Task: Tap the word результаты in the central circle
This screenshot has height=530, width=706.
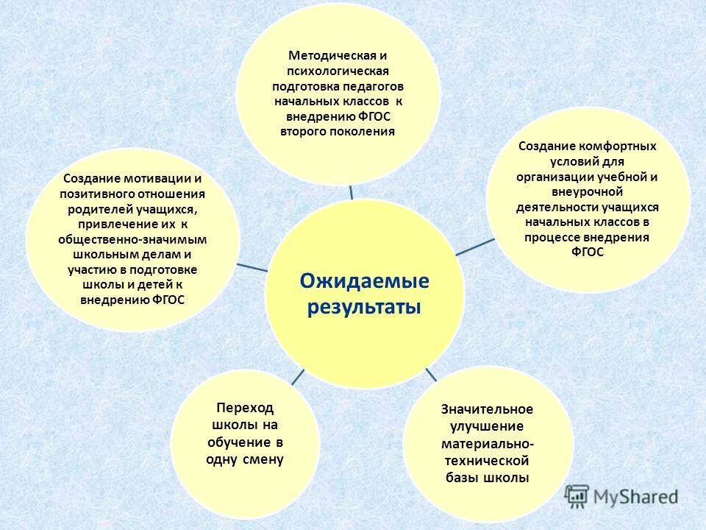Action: pyautogui.click(x=364, y=306)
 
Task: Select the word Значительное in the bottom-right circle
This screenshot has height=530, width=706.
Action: pyautogui.click(x=487, y=409)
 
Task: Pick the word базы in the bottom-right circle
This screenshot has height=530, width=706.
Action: pyautogui.click(x=465, y=478)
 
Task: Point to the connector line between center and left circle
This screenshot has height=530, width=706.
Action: pyautogui.click(x=252, y=266)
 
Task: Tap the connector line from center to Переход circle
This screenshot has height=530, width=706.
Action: pyautogui.click(x=297, y=377)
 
